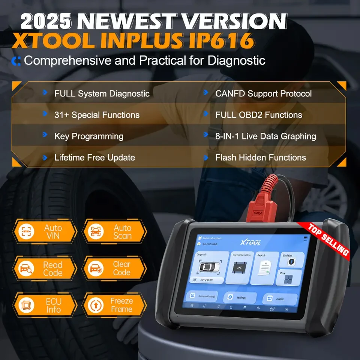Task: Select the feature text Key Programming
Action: point(88,136)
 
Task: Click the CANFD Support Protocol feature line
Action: point(263,93)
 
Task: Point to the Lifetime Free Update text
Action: point(94,157)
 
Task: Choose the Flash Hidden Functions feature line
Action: point(260,157)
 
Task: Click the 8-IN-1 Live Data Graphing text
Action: point(265,136)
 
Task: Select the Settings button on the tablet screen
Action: point(240,297)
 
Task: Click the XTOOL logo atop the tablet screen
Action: point(250,243)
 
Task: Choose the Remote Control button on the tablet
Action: point(202,296)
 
